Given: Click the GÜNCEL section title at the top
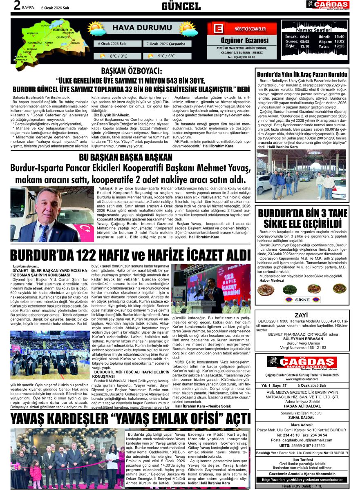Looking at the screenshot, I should (x=181, y=6).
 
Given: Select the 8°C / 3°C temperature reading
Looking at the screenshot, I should (x=119, y=56).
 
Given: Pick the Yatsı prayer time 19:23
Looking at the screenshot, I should (x=339, y=46).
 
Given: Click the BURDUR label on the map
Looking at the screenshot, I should (x=60, y=30).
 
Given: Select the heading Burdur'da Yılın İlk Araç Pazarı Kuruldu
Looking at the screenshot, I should (x=302, y=74).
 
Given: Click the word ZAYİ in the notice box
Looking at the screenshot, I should (x=301, y=315).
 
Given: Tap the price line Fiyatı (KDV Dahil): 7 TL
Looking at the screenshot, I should (x=301, y=486).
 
